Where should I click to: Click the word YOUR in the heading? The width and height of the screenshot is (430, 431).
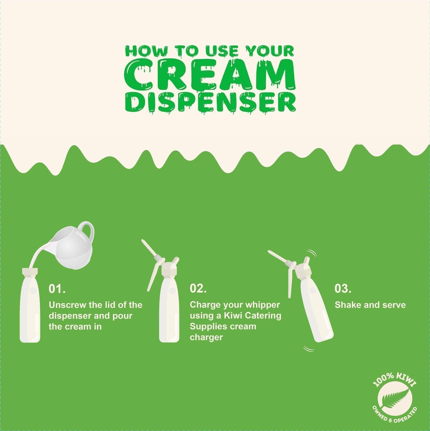coord(270,52)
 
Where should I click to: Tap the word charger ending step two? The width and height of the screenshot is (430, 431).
coord(206,337)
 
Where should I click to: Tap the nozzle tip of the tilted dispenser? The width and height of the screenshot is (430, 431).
coord(270,252)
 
